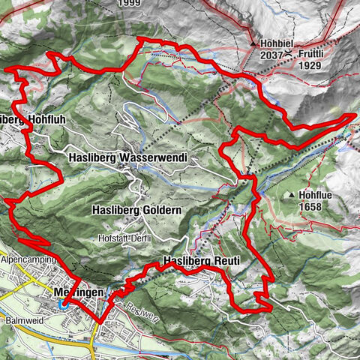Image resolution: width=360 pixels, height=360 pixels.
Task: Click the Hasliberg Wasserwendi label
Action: pos(126,158)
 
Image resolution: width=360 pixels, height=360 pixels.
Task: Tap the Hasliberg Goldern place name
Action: pos(136,211)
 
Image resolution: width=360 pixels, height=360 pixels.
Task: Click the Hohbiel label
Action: pos(275,44)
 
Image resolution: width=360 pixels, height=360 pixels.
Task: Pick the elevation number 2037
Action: pos(271,55)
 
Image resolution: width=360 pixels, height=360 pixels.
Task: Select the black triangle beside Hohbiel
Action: pos(255,44)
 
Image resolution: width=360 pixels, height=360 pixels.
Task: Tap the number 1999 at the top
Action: pos(132,3)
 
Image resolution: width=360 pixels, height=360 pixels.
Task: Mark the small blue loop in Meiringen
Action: pos(66,303)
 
